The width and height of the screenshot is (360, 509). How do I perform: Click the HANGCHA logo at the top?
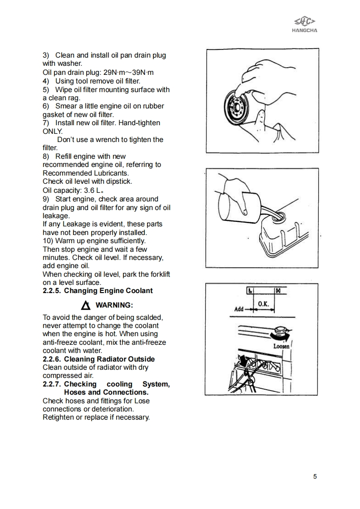pos(304,24)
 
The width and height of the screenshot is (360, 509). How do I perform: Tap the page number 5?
pos(315,476)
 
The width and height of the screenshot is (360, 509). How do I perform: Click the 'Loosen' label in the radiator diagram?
pos(281,346)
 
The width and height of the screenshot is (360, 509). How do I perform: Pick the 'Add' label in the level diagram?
pos(239,309)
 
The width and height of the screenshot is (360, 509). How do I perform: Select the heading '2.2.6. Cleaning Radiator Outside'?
pos(99,359)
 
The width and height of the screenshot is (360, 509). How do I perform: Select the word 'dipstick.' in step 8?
pos(117,181)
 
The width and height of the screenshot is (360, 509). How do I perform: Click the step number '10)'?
pos(49,240)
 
